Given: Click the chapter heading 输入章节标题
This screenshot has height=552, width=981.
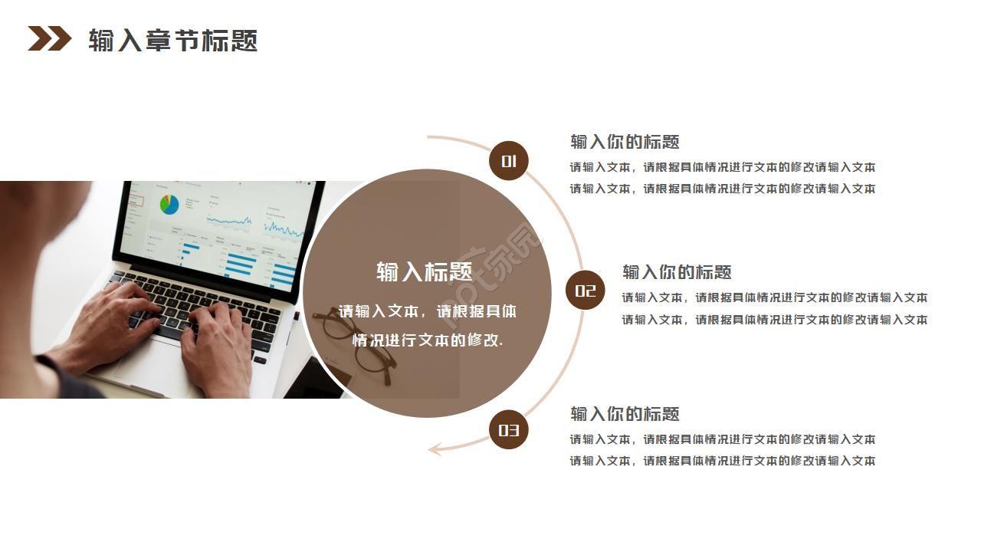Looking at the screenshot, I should (172, 40).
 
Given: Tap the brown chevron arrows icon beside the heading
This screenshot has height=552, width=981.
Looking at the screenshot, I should (49, 38).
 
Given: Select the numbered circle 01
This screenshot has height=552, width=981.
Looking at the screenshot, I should (509, 161).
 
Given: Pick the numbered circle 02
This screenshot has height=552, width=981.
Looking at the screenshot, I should (585, 291).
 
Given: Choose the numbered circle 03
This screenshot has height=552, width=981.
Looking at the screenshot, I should (509, 430).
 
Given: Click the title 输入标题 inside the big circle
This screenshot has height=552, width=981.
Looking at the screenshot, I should (424, 272).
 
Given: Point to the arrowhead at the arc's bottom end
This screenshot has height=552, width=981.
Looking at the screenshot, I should (435, 449).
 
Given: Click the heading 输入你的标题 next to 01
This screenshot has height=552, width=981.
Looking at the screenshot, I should (625, 142).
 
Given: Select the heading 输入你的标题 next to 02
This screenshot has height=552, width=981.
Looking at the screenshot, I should (677, 272).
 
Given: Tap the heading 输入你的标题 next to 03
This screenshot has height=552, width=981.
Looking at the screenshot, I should (625, 414).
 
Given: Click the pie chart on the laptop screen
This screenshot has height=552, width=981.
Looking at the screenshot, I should (169, 204).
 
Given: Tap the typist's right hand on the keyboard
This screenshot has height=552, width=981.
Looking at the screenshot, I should (218, 337).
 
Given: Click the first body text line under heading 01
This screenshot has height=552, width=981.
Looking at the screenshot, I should (722, 167).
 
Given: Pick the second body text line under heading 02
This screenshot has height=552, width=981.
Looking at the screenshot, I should (774, 320).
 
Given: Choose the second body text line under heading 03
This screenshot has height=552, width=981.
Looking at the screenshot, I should (722, 461).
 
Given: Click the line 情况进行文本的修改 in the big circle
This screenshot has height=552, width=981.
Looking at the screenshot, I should (427, 340).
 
